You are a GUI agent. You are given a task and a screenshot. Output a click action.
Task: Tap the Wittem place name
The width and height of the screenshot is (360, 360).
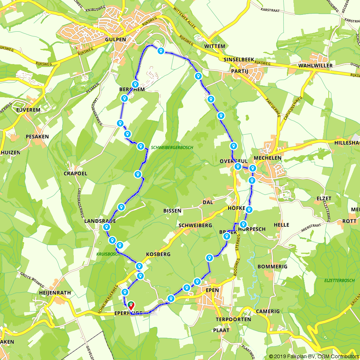pyautogui.click(x=215, y=46)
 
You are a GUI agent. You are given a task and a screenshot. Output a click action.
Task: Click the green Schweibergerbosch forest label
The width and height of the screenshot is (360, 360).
pyautogui.click(x=172, y=148)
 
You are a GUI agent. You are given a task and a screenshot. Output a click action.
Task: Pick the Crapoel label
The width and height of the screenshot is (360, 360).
pyautogui.click(x=76, y=173)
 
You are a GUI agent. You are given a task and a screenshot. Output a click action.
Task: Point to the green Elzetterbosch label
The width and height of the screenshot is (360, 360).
pyautogui.click(x=329, y=279)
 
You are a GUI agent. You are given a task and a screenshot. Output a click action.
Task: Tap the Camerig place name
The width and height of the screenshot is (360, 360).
pyautogui.click(x=267, y=311)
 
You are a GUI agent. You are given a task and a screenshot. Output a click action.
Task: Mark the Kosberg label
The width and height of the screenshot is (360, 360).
pyautogui.click(x=158, y=254)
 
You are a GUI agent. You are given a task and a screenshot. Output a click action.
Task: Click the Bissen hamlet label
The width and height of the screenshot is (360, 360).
pyautogui.click(x=172, y=211)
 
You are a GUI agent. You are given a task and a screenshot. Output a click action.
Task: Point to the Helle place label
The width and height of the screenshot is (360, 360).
pyautogui.click(x=282, y=225)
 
